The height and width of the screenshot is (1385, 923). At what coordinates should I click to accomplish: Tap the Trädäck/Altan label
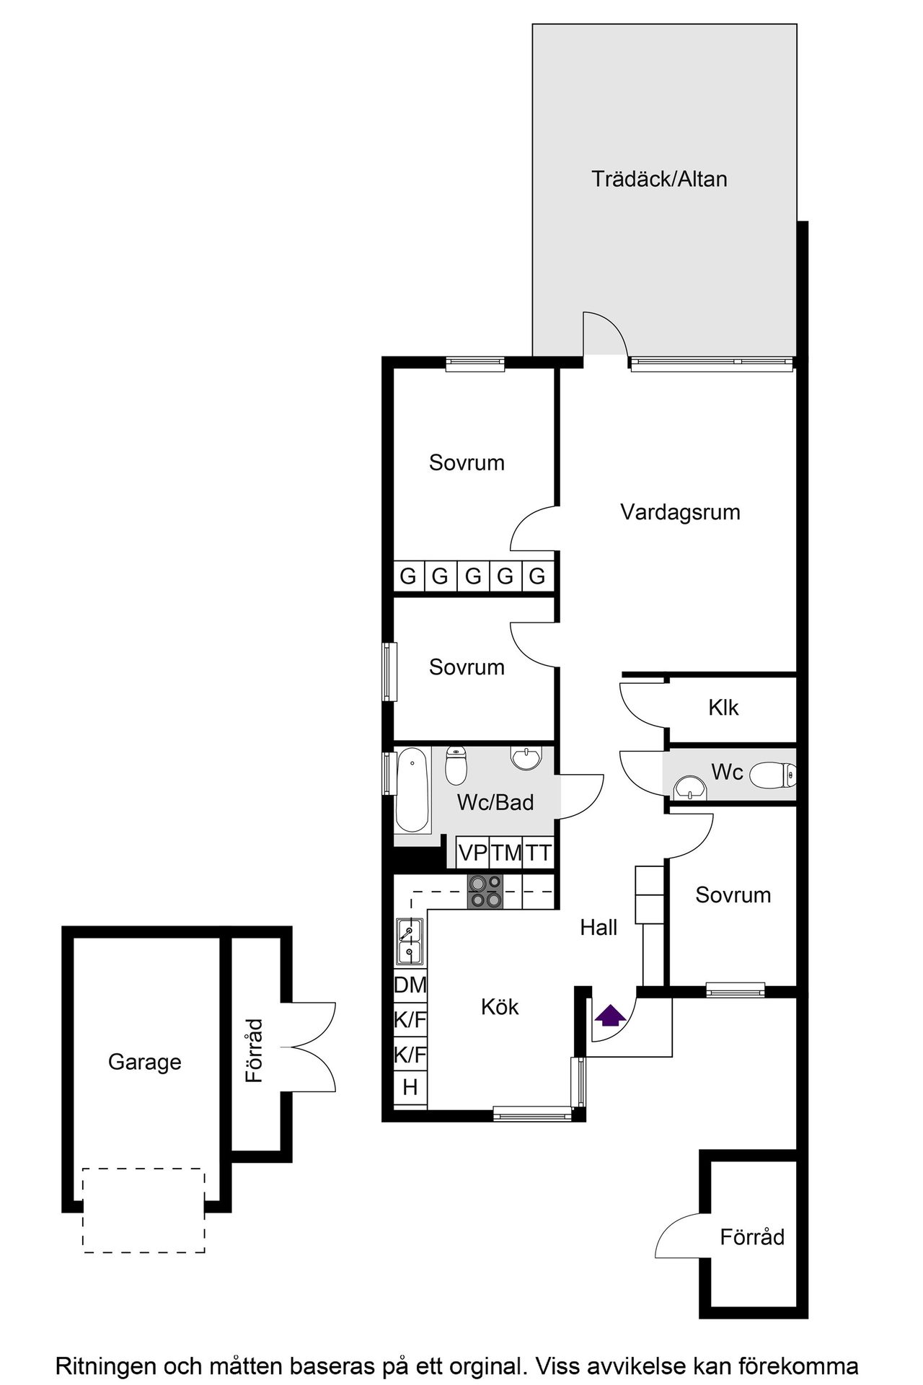click(659, 179)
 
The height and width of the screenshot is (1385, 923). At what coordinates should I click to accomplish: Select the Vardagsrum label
click(680, 512)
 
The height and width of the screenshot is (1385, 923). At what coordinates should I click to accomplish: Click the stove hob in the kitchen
click(485, 892)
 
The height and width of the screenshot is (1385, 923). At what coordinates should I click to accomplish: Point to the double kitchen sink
click(410, 942)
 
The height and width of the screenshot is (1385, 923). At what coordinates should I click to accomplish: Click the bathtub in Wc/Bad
click(412, 791)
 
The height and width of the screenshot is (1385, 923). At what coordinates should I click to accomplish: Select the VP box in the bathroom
click(473, 853)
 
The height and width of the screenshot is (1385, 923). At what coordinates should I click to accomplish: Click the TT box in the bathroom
click(538, 853)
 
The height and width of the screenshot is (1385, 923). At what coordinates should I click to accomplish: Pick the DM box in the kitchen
click(410, 985)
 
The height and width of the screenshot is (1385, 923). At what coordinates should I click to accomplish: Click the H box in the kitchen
click(410, 1087)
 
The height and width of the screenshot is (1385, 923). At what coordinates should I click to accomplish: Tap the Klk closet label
click(723, 708)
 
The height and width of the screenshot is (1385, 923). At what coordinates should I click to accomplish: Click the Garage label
click(144, 1062)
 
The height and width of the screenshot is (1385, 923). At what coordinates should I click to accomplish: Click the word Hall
click(599, 928)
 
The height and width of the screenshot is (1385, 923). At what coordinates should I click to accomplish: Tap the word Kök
click(500, 1007)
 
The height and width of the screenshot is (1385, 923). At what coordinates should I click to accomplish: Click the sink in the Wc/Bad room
click(526, 758)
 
